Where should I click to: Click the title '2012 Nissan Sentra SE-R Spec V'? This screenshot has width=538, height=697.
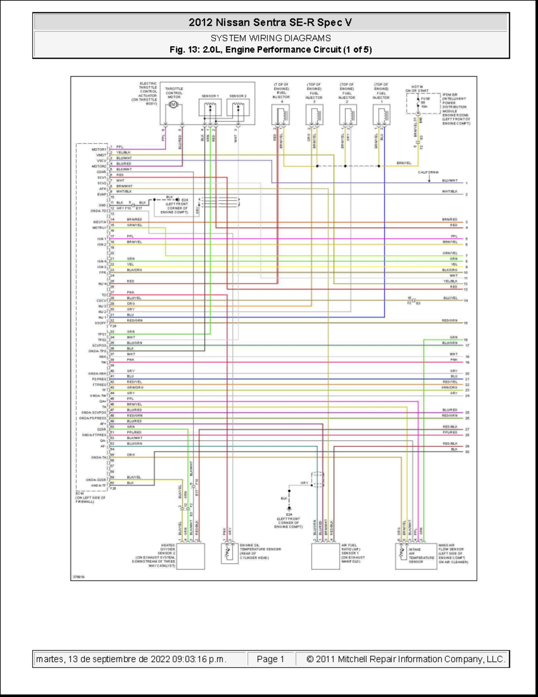[x=270, y=22]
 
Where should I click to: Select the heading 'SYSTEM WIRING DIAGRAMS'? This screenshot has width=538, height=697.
[x=270, y=38]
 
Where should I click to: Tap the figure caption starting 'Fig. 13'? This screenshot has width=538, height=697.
[x=270, y=50]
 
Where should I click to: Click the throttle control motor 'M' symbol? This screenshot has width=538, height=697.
[x=174, y=105]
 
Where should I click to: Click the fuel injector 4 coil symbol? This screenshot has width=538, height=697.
[x=281, y=115]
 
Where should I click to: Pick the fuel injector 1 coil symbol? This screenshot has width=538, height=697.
[x=382, y=115]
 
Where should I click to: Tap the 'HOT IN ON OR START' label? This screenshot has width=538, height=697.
[x=417, y=88]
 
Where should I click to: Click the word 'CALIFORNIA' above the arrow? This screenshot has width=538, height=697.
[x=428, y=172]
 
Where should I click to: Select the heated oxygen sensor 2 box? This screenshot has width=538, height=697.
[x=191, y=556]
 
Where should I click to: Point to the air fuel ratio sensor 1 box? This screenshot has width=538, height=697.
[x=325, y=556]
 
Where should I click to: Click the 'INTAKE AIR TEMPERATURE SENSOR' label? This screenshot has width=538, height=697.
[x=421, y=555]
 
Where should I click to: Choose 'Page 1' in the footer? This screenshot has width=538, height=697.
[x=270, y=659]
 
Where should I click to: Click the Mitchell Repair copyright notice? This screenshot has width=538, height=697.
[x=405, y=659]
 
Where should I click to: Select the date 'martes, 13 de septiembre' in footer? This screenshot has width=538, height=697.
[x=131, y=659]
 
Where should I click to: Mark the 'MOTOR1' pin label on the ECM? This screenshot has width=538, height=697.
[x=99, y=149]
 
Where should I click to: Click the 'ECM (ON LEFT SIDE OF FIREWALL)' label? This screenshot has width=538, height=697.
[x=90, y=498]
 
